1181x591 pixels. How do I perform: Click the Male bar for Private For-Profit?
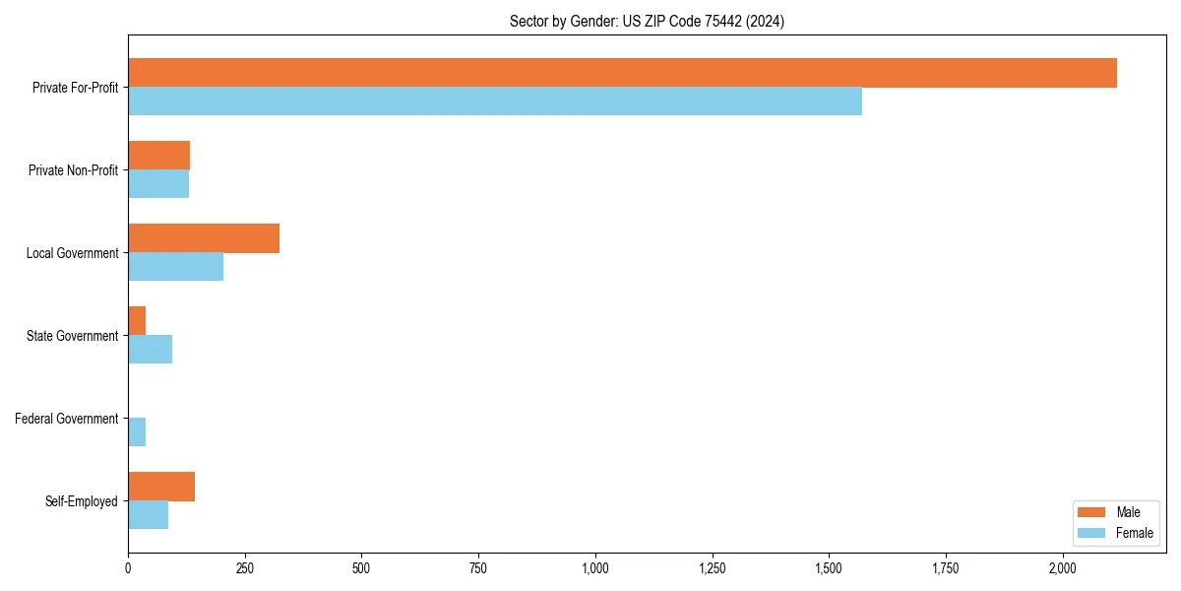coord(622,73)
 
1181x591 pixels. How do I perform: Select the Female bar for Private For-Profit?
coord(495,101)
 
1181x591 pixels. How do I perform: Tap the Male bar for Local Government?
coord(204,238)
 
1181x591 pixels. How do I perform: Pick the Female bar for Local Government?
coord(175,267)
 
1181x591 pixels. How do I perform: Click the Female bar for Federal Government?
coord(137,432)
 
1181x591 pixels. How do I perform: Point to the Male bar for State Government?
coord(137,321)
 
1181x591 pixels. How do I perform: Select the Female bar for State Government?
coord(150,350)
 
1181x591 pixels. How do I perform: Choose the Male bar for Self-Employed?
coord(161,487)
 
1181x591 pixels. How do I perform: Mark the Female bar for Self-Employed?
coord(148,515)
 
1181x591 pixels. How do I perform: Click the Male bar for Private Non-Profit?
coord(158,156)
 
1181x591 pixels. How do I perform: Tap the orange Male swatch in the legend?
coord(1091,512)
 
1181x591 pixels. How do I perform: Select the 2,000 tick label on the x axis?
coord(1063,568)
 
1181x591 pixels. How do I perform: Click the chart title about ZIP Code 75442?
coord(647,21)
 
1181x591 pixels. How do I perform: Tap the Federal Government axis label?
coord(67,419)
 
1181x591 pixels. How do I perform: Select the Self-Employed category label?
coord(82,501)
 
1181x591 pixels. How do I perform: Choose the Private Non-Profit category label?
coord(74,170)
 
